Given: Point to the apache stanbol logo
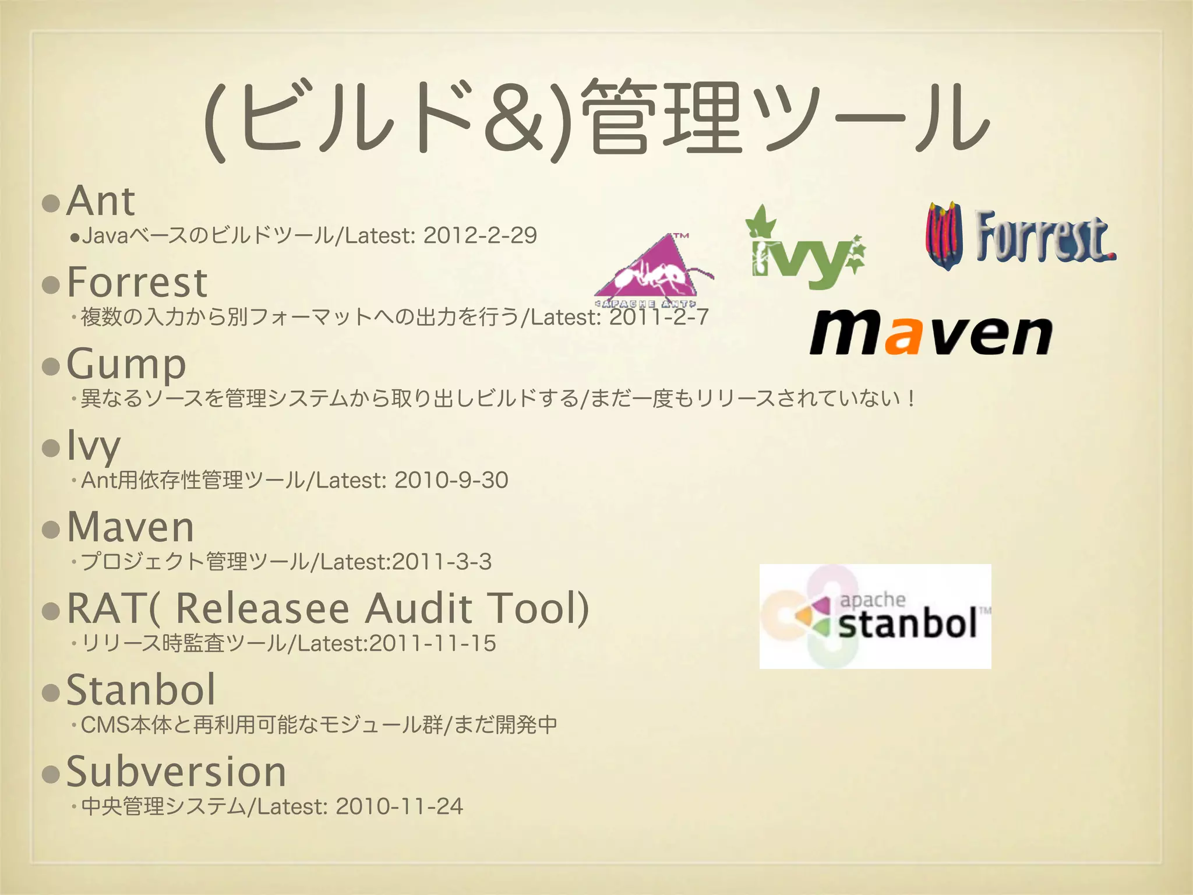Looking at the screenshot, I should coord(875,616).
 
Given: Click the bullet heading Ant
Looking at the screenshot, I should coord(101,201).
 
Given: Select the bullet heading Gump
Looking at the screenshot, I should coord(126,364).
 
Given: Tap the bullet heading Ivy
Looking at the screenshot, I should coord(94,446).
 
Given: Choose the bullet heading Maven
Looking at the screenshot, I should coord(130,527).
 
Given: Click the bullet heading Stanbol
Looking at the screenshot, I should coord(141,690).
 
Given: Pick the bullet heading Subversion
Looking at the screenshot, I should coord(177,771).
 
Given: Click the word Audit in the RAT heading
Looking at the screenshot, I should coord(418,608).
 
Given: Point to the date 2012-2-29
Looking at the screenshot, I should coord(479,235).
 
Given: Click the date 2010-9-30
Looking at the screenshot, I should coord(451,480).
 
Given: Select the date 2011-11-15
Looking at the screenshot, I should coord(432,643).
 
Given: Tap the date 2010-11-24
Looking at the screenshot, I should coord(399,806).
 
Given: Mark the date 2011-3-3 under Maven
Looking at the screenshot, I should coord(442,562).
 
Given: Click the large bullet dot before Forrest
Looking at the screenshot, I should coord(51,285).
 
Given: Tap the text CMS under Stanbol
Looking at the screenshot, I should coord(105,725).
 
